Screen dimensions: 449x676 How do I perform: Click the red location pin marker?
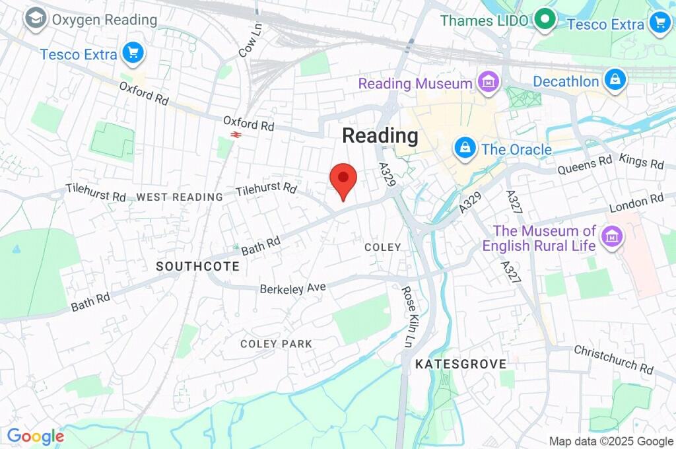pos(343,178)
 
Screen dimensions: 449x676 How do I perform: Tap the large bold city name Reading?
pos(380,136)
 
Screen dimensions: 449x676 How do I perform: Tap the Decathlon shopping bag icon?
pos(615,81)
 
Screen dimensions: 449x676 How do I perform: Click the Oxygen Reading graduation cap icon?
pos(34,19)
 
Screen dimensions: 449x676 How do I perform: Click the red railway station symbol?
pos(234,135)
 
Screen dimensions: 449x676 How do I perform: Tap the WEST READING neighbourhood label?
pos(180,197)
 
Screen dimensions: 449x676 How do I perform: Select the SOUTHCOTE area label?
pos(197,267)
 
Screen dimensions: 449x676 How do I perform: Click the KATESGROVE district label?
pos(461,364)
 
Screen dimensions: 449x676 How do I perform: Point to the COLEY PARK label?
pos(276,344)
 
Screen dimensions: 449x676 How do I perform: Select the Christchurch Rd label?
pos(613,359)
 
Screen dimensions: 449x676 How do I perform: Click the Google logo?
pos(35,436)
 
